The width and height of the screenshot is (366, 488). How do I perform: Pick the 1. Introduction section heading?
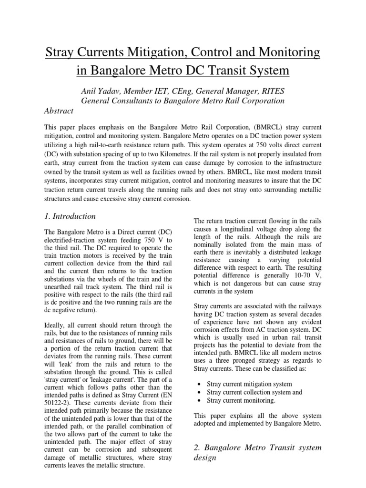(x=70, y=216)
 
